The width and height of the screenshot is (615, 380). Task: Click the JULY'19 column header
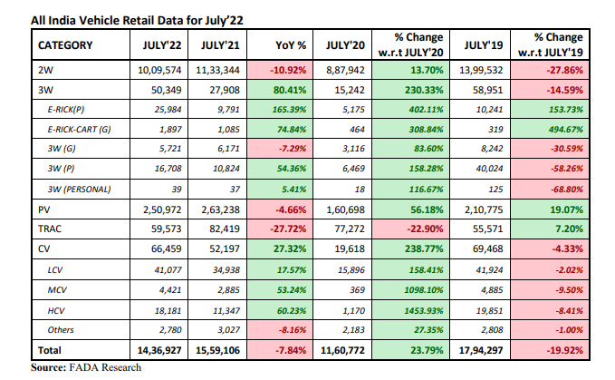coord(483,44)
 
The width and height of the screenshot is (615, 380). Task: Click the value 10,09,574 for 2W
coord(159,68)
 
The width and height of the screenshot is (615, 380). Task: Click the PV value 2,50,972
coord(159,209)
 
